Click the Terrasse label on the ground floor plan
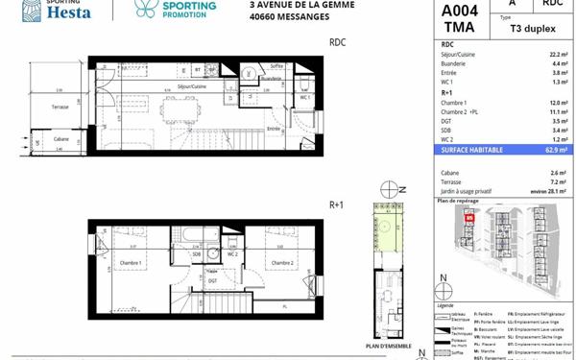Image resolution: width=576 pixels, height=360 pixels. pyautogui.click(x=59, y=108)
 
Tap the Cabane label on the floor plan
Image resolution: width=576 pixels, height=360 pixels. pyautogui.click(x=61, y=139)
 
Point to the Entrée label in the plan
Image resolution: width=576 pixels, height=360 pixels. pyautogui.click(x=274, y=129)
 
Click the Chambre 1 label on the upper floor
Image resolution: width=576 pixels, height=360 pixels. pyautogui.click(x=131, y=263)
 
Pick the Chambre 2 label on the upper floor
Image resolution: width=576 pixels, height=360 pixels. pyautogui.click(x=281, y=263)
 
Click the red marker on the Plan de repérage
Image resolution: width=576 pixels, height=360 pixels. pyautogui.click(x=469, y=218)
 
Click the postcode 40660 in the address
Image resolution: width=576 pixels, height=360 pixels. pyautogui.click(x=265, y=18)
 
